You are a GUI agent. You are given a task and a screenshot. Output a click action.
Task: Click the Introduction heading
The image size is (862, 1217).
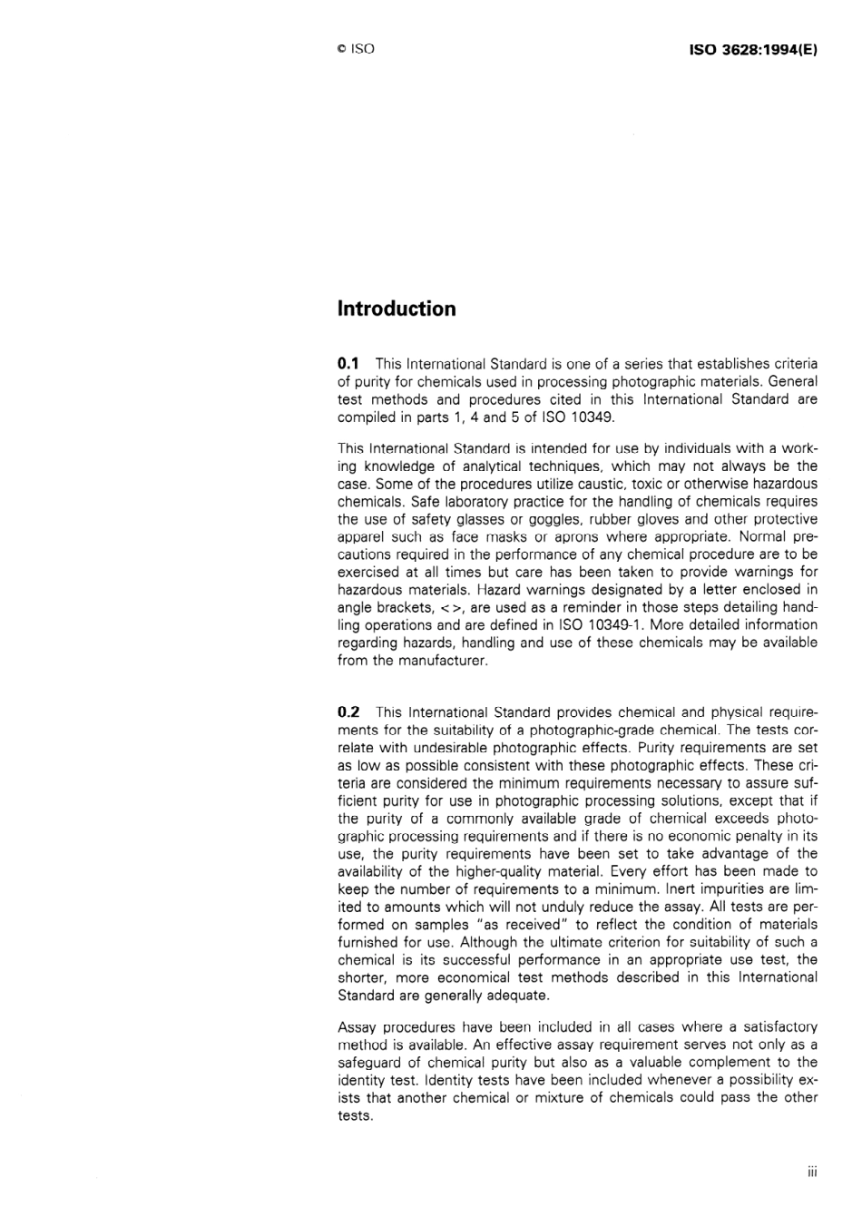point(397,309)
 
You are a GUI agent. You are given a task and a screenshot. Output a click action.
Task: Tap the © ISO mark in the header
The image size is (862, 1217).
point(355,49)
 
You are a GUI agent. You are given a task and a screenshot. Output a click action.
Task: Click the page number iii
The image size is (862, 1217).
point(812,1172)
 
